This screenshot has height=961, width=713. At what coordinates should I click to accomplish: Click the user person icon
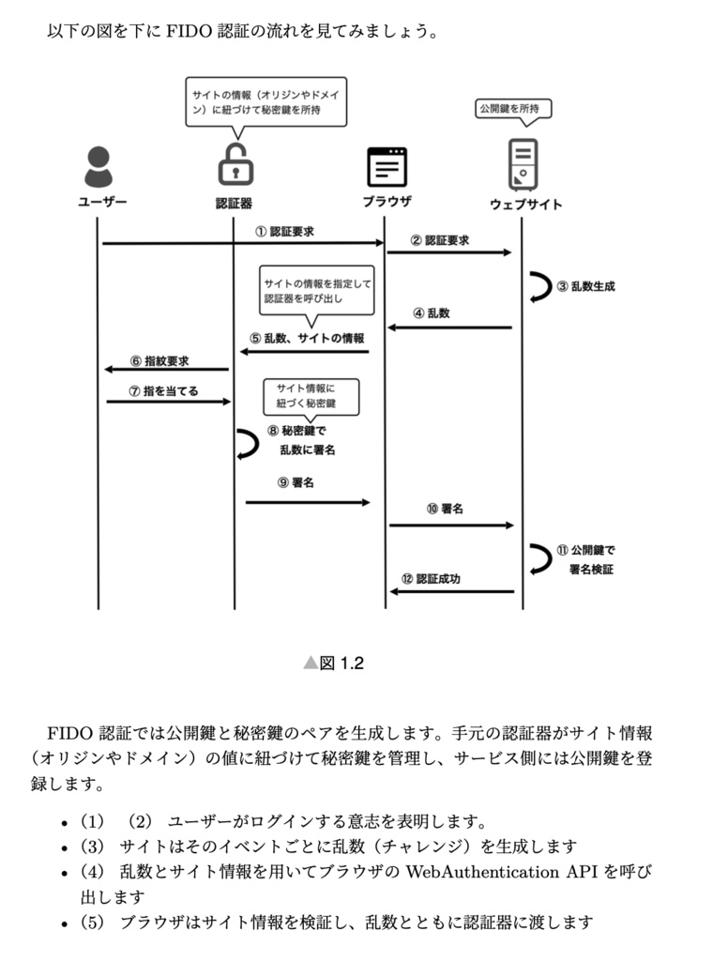97,167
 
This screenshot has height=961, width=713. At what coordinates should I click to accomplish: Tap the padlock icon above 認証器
235,165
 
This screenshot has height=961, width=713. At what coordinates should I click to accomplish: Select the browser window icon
386,167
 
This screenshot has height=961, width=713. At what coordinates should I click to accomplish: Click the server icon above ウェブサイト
523,165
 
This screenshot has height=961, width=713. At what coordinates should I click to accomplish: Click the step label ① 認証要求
284,231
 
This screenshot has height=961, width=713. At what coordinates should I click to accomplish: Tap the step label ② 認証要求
439,240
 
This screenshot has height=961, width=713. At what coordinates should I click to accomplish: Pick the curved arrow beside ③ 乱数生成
539,286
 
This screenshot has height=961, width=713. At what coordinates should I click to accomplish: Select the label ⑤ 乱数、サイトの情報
307,338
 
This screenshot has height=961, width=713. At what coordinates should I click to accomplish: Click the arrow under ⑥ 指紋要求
166,369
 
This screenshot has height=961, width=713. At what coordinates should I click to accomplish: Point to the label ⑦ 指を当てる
164,390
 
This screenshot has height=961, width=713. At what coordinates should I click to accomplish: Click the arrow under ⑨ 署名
308,503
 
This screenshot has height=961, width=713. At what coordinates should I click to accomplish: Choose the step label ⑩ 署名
444,509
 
